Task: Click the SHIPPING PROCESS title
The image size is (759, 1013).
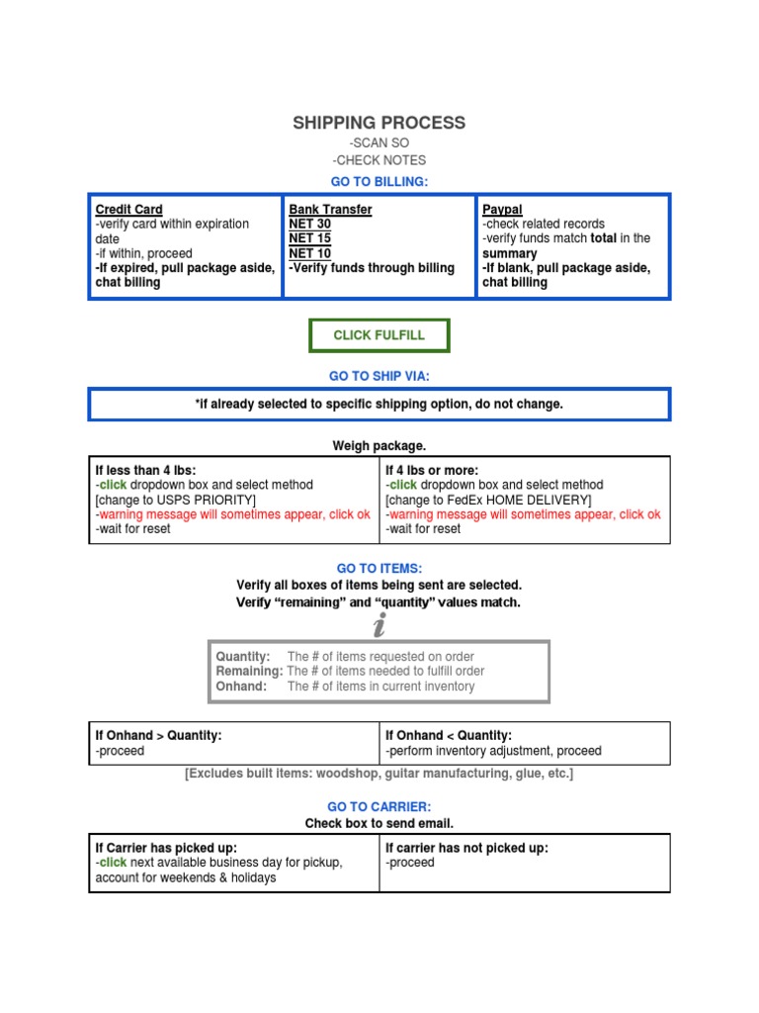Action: [379, 123]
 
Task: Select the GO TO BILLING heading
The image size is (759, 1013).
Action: [379, 181]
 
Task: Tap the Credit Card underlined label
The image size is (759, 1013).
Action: [128, 210]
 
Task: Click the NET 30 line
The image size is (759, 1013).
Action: [309, 224]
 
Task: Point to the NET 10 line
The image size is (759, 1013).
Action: [309, 252]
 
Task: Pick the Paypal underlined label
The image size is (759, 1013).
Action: [502, 210]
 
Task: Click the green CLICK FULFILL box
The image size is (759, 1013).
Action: [379, 335]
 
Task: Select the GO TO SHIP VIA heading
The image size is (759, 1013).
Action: [379, 376]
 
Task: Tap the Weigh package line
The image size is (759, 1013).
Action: [379, 446]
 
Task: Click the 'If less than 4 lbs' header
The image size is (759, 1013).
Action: [145, 470]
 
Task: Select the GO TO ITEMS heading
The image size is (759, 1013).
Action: [379, 568]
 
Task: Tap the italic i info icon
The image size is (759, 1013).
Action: [379, 625]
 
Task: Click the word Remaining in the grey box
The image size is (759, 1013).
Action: [248, 671]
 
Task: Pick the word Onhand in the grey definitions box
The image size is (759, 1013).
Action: [241, 686]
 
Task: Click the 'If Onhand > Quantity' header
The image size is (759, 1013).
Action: [158, 735]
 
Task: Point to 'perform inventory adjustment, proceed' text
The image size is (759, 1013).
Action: [493, 751]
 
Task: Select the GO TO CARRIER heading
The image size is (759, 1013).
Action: [379, 807]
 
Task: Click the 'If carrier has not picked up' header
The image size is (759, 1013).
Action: [466, 848]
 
